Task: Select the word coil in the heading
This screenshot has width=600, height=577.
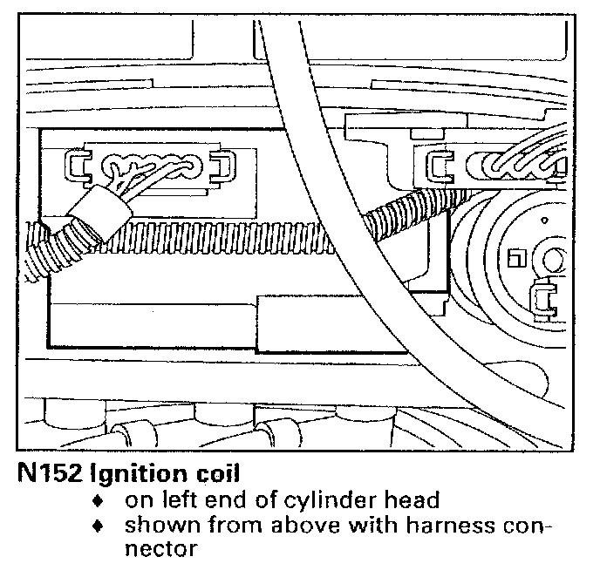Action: point(216,474)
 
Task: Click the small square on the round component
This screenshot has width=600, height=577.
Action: point(514,256)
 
